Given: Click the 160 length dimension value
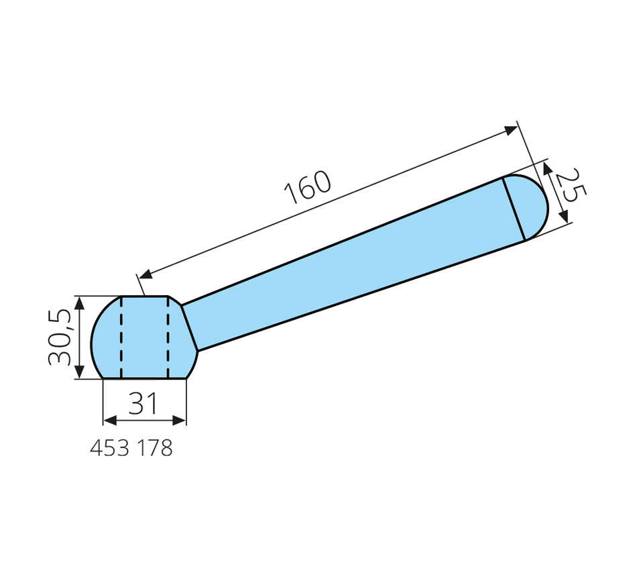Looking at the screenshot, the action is (x=308, y=187).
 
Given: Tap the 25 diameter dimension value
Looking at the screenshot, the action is (x=571, y=185).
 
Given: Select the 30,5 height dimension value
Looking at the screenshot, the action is (x=60, y=337).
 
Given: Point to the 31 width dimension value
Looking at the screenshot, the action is (x=143, y=403).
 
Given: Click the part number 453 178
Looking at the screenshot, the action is (x=131, y=448).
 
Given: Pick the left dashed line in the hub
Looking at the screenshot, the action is (x=121, y=337).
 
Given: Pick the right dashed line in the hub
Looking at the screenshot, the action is (x=168, y=337).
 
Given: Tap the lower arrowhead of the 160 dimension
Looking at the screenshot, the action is (x=146, y=274).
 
